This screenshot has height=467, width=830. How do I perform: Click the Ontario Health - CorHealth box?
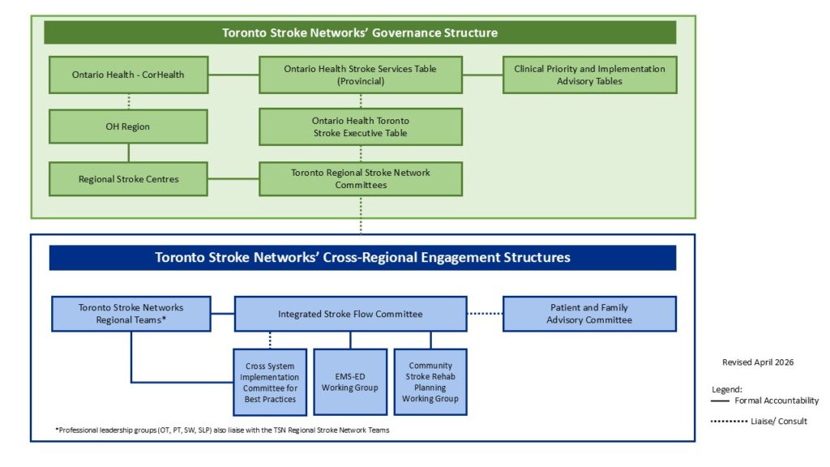(x=129, y=75)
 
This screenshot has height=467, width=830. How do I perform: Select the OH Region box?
(x=128, y=126)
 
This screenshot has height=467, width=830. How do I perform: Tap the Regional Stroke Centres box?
(x=128, y=179)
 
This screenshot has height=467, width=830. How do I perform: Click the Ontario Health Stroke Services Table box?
(x=361, y=75)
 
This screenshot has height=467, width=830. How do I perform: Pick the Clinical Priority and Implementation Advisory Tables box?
(x=590, y=75)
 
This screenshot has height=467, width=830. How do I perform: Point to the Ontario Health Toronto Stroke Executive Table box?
(x=361, y=126)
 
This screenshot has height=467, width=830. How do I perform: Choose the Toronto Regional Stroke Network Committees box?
(x=361, y=179)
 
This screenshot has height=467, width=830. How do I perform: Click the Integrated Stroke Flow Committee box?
(x=350, y=314)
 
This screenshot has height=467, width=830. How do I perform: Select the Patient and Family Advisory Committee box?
(x=590, y=314)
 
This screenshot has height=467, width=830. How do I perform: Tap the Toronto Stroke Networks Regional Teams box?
(x=131, y=314)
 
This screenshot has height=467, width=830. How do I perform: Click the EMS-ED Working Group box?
(x=350, y=382)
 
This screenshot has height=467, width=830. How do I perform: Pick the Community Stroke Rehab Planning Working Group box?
(x=430, y=382)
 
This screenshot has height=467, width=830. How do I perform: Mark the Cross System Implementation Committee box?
(x=270, y=383)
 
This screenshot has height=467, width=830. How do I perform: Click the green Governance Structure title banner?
(x=360, y=32)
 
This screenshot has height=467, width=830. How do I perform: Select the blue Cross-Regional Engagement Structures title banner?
(x=362, y=258)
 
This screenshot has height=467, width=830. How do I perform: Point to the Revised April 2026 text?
(x=758, y=362)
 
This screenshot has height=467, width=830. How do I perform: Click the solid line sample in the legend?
(x=720, y=401)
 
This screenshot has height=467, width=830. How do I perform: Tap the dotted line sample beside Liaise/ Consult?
(x=729, y=422)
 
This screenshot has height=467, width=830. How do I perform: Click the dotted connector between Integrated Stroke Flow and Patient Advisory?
(x=485, y=314)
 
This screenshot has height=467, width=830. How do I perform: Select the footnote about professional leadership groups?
(x=222, y=430)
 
